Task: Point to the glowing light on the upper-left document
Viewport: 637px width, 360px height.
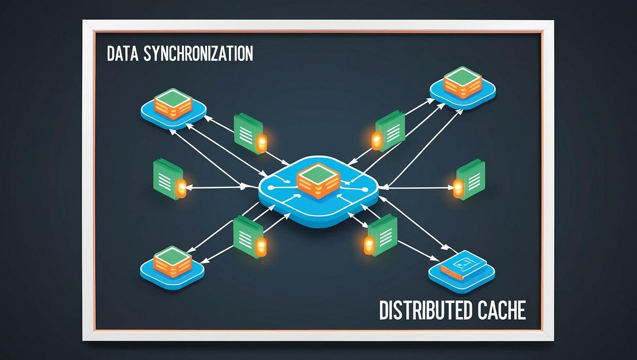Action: pos(262,142)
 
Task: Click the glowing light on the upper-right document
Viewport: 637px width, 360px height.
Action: pos(376,141)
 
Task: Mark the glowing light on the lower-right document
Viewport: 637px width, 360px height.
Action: pos(369,244)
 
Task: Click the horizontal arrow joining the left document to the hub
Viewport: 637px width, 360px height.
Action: pos(218,187)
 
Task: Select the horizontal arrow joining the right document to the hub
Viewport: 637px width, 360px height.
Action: pos(419,187)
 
